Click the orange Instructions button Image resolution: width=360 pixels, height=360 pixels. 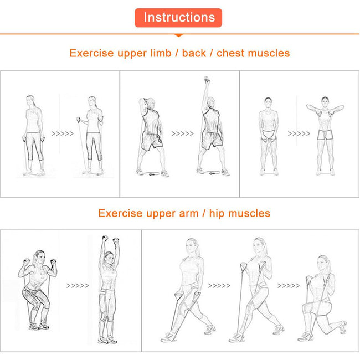[x=178, y=18]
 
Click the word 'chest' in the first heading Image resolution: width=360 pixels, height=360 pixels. [x=230, y=53]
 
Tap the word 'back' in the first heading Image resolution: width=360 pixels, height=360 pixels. [x=194, y=53]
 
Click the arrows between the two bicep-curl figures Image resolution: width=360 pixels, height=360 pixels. [x=63, y=133]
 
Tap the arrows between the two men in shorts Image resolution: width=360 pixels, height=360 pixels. [x=183, y=133]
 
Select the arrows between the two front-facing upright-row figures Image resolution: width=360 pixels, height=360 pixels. [x=299, y=133]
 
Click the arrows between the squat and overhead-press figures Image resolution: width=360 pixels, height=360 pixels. [x=78, y=286]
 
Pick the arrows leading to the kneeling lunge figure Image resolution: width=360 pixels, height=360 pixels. [x=289, y=286]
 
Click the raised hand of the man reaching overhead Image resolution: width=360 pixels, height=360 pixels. [x=207, y=80]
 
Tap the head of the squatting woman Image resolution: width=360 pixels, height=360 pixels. [x=39, y=257]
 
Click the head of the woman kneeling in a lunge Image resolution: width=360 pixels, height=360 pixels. [x=324, y=264]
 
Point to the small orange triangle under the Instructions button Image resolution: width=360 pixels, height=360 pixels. [x=179, y=35]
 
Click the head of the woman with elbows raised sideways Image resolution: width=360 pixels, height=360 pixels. [x=325, y=102]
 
